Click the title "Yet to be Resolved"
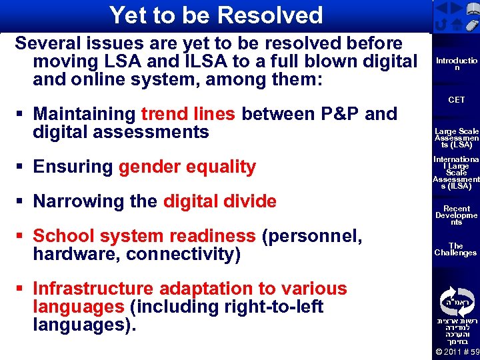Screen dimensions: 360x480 coord(215,15)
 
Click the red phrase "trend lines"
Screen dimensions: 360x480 coord(188,114)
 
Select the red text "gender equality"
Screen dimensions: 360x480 coord(187,167)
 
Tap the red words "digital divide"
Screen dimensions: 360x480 coord(219,201)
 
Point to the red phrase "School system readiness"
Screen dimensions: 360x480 coord(144,236)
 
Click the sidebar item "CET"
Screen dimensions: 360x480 coord(457,100)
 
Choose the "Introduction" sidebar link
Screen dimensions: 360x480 coord(457,64)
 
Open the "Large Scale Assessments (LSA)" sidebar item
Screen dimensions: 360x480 coord(457,138)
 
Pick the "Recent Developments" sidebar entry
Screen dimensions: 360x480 coord(457,215)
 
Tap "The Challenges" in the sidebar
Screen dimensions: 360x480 coord(457,249)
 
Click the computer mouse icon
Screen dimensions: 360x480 coord(471,25)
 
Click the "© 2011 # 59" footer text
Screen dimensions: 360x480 coord(457,352)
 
